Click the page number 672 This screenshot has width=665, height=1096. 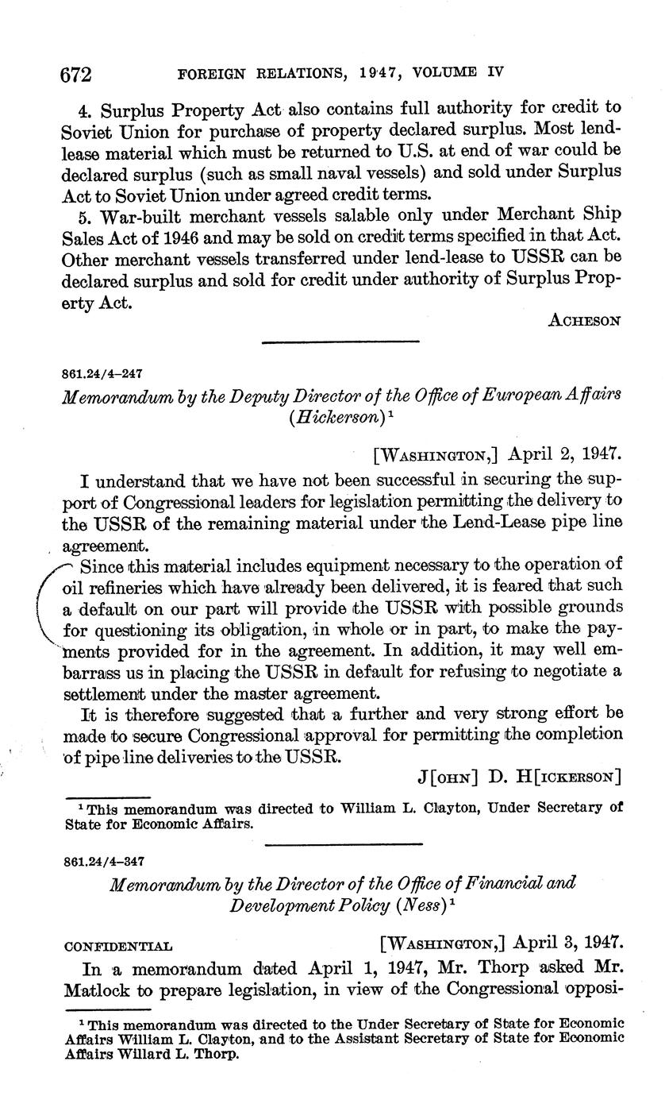point(77,74)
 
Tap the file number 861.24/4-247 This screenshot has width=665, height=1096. point(102,373)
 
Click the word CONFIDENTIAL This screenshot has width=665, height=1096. point(117,946)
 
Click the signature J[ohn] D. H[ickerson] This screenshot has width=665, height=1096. point(519,775)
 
